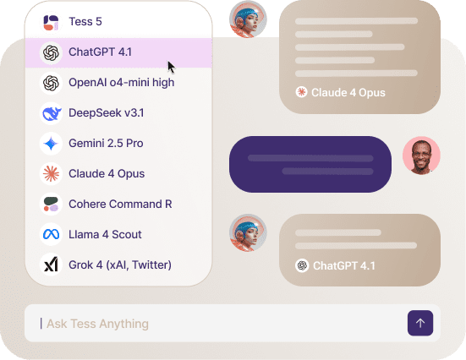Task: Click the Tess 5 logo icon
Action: click(x=51, y=23)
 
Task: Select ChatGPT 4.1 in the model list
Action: click(x=100, y=52)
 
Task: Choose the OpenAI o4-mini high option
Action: click(x=121, y=83)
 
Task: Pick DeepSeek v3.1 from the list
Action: click(x=106, y=113)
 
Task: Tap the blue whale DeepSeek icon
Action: click(x=51, y=113)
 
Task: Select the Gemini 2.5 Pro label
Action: click(x=106, y=143)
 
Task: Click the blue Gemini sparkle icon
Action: click(x=51, y=144)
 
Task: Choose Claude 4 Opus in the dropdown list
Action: click(x=107, y=174)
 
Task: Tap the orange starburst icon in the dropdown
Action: click(x=51, y=174)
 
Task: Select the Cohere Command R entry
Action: click(x=120, y=204)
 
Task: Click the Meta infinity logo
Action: click(x=51, y=234)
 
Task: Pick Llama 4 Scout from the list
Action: click(x=105, y=234)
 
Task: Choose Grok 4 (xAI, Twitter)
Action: click(x=120, y=265)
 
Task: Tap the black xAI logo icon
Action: click(x=51, y=265)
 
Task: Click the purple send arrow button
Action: click(x=420, y=323)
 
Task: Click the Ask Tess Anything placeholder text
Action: click(x=97, y=324)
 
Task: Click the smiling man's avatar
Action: click(x=421, y=155)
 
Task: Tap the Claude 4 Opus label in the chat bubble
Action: click(x=348, y=93)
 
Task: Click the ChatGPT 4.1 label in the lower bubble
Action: click(x=344, y=266)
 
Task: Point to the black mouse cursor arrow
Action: click(x=171, y=67)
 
